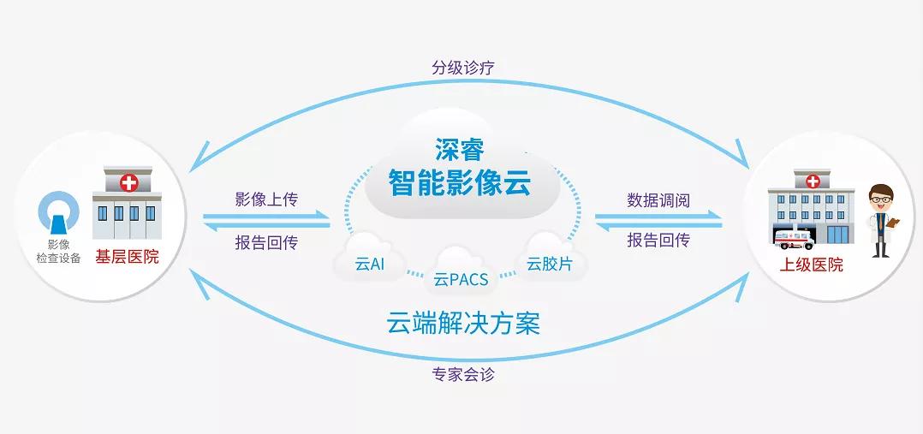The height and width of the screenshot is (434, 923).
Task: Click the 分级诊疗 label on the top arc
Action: click(462, 66)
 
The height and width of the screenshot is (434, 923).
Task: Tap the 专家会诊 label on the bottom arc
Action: click(462, 374)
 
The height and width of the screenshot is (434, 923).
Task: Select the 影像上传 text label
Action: click(266, 199)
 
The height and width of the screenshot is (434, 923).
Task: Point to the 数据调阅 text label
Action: click(658, 199)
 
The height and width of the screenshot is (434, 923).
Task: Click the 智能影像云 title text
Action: click(461, 182)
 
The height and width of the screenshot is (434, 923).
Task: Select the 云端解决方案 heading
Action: click(461, 324)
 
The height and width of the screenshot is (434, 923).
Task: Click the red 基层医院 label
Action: click(127, 256)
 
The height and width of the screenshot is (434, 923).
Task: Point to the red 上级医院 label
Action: click(811, 265)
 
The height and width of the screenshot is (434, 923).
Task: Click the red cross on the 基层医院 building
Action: click(129, 182)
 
